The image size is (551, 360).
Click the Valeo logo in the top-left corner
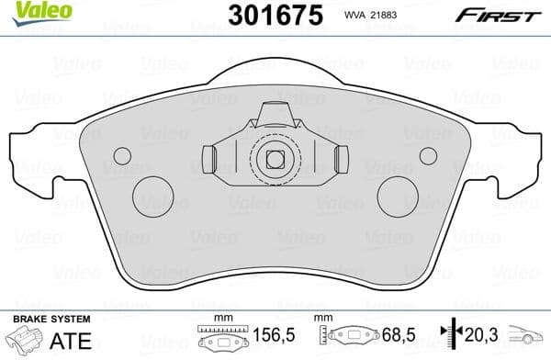[32, 11]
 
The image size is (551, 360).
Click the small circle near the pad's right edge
[429, 155]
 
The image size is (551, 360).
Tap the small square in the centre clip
[274, 158]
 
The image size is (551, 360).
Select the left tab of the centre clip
[209, 159]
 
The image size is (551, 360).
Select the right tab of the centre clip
[341, 159]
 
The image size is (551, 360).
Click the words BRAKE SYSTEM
[52, 319]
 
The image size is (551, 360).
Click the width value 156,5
[269, 337]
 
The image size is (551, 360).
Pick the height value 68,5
[393, 337]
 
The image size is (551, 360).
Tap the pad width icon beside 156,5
[218, 338]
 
